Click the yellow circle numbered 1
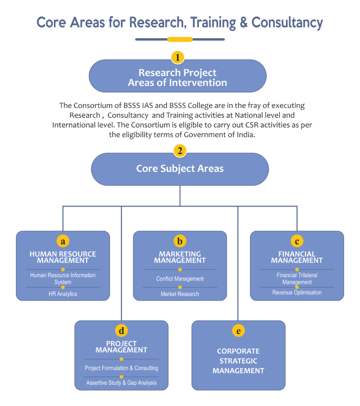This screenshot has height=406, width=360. [x=178, y=57]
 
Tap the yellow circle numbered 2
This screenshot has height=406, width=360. [x=180, y=151]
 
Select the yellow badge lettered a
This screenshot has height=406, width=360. [x=63, y=241]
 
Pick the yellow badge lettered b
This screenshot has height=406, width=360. [x=180, y=241]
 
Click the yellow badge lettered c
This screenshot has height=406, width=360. [x=297, y=241]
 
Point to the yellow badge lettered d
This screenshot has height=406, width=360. [x=121, y=330]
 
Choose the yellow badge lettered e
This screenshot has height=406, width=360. [x=238, y=330]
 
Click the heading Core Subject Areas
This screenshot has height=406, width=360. [x=180, y=169]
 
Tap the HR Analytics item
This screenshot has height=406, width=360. [x=63, y=294]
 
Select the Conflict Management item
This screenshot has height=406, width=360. [x=180, y=279]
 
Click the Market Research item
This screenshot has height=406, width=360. [x=180, y=294]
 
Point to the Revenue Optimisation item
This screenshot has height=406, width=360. [x=297, y=293]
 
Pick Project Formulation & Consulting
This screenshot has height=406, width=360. [x=121, y=368]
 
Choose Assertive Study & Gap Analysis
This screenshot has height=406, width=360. [x=121, y=383]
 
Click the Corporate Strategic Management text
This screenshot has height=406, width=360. [x=238, y=361]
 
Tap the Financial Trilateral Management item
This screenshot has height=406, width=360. [x=297, y=278]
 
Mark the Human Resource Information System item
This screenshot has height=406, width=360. [x=63, y=278]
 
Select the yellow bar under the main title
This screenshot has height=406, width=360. [x=180, y=39]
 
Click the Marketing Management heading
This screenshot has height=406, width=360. [x=180, y=257]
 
